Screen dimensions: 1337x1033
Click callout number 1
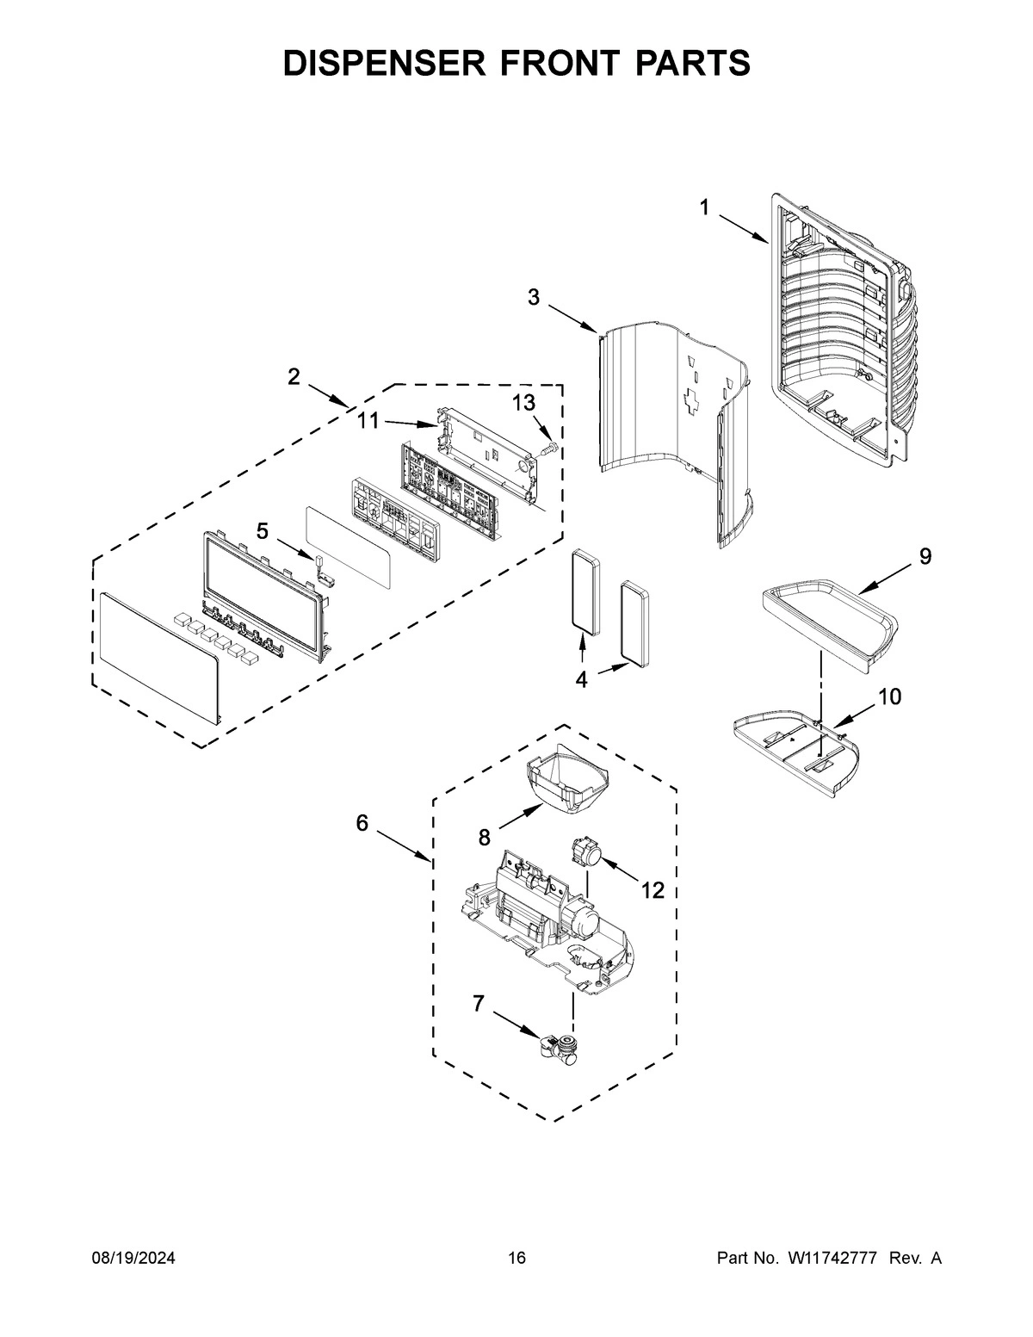704,207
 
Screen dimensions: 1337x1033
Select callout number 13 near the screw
523,403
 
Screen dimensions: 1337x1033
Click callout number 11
368,421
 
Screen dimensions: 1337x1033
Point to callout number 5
262,531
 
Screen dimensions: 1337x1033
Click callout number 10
889,696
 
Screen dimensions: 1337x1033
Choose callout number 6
362,824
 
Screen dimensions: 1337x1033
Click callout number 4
581,679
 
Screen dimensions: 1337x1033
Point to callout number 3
534,298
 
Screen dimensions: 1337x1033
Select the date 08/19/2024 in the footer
133,1259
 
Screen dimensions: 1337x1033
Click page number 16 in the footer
516,1259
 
